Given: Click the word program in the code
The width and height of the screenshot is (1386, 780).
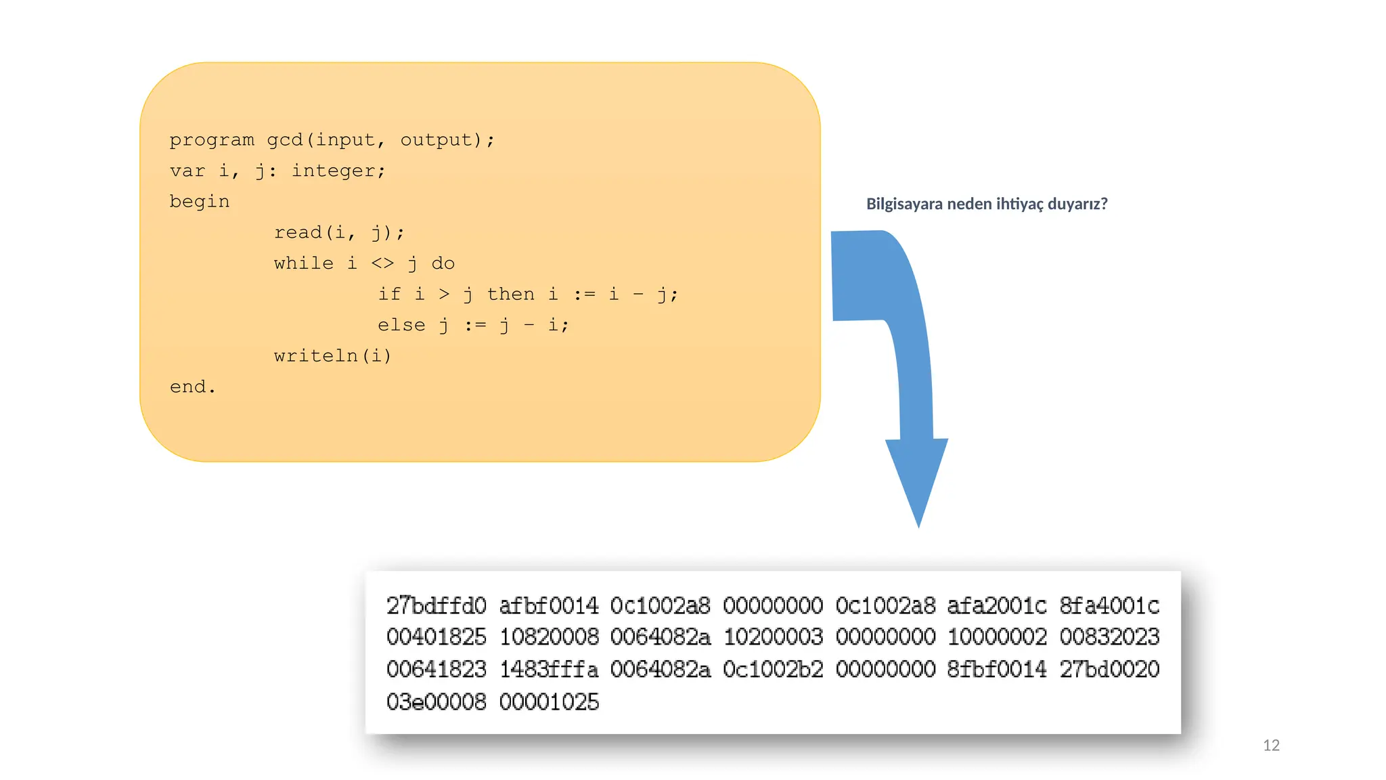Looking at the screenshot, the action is [x=212, y=140].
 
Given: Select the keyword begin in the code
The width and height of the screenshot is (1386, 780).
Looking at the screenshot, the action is [x=200, y=202].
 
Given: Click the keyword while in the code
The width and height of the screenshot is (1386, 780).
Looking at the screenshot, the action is [x=304, y=263].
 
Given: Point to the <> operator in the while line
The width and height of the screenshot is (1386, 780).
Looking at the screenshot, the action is [x=382, y=263].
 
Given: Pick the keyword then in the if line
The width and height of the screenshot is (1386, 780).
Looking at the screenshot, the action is [x=511, y=294].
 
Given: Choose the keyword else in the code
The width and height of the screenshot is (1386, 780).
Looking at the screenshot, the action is [x=401, y=325].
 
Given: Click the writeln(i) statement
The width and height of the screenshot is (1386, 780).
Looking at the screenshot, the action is [x=332, y=355].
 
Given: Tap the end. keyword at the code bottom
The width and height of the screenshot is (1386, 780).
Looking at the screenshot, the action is [x=192, y=387].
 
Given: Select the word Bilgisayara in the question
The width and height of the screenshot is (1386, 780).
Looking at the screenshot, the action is [x=904, y=204].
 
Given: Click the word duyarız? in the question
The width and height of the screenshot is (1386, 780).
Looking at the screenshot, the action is [x=1077, y=204].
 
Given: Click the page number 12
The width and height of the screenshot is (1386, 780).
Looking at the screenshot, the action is [x=1271, y=745].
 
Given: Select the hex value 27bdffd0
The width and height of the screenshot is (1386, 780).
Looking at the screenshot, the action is [x=437, y=605].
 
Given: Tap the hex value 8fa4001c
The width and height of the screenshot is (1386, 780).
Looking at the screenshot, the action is [x=1109, y=605].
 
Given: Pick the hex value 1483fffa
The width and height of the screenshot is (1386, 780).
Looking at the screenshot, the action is [x=549, y=670].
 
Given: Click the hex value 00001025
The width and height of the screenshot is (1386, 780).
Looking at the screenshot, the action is [x=549, y=702].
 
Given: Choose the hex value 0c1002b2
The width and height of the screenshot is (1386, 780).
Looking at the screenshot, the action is [x=773, y=670].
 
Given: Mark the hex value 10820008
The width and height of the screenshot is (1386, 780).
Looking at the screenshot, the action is [x=549, y=637].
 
